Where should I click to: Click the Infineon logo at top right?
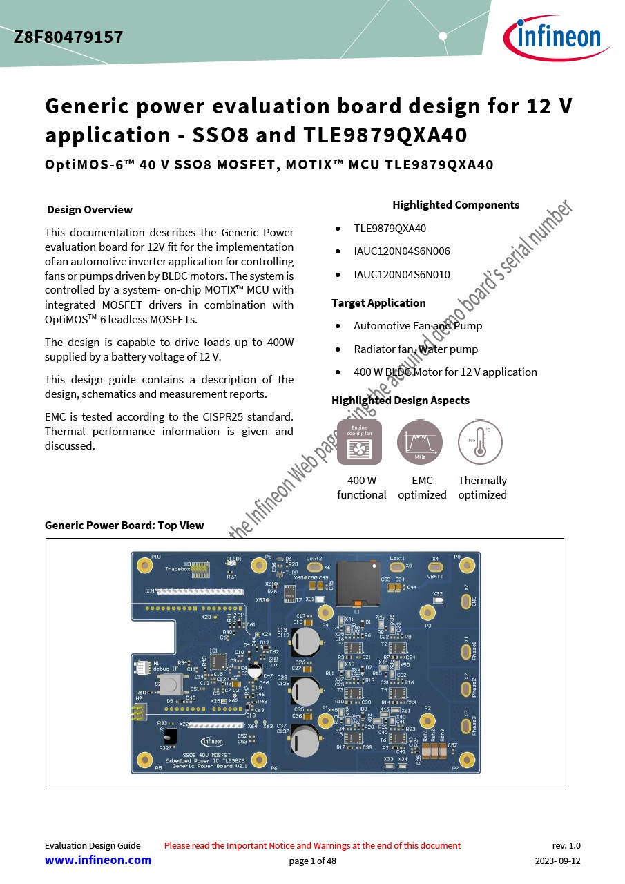tap(556, 37)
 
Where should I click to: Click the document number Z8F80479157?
tap(68, 37)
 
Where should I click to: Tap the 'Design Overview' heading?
tap(90, 210)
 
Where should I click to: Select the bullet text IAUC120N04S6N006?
tap(402, 251)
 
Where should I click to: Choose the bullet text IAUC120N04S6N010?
tap(402, 275)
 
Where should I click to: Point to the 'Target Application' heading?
tap(378, 303)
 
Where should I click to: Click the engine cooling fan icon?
tap(359, 442)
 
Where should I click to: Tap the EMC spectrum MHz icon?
tap(420, 442)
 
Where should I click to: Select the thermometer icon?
tap(480, 442)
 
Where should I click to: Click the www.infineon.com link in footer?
tap(98, 861)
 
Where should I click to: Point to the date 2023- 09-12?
tap(558, 861)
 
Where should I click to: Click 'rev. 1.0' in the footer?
tap(566, 845)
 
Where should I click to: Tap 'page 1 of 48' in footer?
tap(312, 861)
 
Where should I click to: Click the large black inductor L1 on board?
tap(358, 584)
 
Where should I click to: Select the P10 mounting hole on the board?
tap(145, 566)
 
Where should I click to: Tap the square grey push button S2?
tap(169, 684)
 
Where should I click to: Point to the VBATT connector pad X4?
tap(436, 567)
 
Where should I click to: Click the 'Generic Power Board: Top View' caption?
tap(124, 526)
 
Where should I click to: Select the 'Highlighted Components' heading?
tap(456, 205)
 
